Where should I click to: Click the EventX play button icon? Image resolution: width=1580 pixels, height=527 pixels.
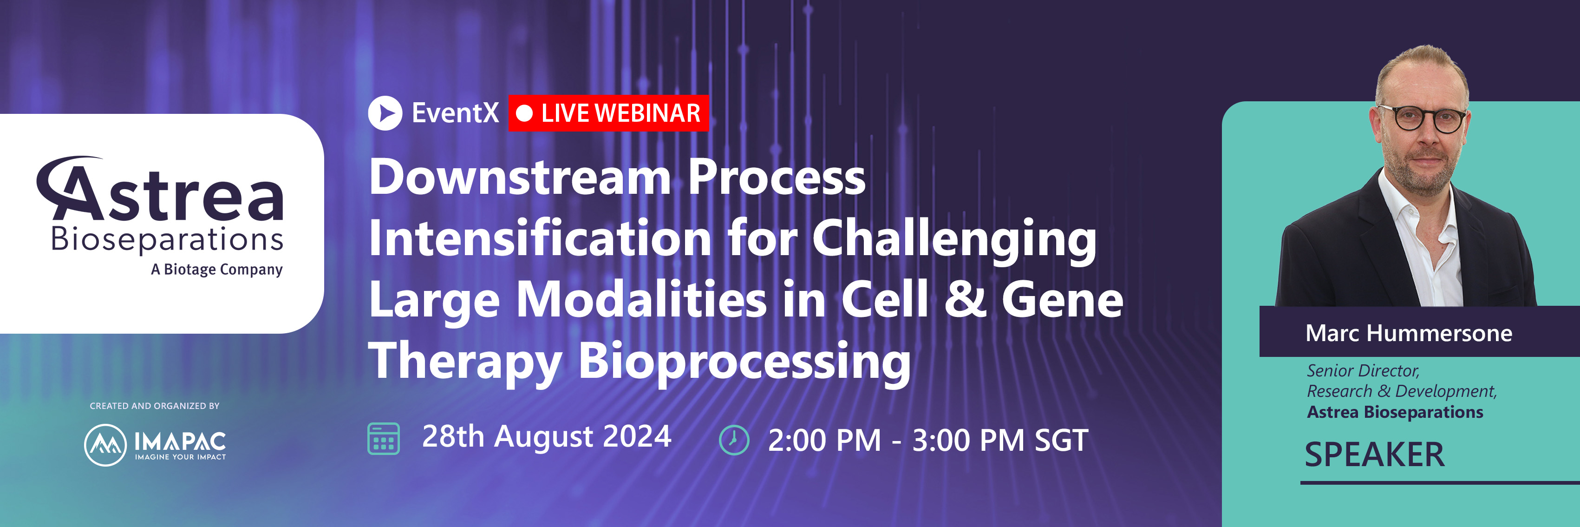click(385, 113)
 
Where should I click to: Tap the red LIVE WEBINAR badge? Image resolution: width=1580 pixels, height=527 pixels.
click(608, 113)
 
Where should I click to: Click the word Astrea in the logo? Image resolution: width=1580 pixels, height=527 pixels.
click(161, 191)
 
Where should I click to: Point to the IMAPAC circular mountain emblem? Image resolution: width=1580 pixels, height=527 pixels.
click(105, 445)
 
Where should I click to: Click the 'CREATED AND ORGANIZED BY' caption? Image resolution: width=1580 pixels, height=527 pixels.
click(155, 406)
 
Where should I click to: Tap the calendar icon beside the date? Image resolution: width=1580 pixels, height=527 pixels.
click(383, 439)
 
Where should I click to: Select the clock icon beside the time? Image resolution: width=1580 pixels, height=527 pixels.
click(734, 440)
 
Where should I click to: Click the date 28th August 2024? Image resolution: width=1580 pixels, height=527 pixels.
click(547, 437)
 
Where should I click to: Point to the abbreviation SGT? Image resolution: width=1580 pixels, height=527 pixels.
click(1061, 441)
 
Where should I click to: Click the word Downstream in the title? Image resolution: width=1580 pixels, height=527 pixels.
click(520, 178)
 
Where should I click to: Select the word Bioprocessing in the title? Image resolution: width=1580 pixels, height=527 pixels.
click(744, 362)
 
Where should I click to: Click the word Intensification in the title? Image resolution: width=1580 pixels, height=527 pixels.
click(540, 239)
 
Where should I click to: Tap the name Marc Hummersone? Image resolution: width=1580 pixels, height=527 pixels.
click(1408, 333)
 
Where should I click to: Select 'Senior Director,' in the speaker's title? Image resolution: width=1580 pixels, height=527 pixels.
click(1363, 370)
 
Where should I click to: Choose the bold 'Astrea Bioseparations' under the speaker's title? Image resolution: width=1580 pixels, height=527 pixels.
click(1395, 412)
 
